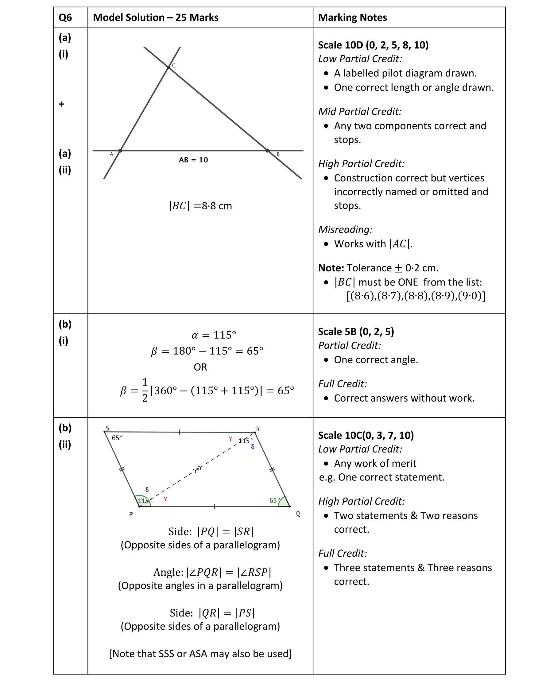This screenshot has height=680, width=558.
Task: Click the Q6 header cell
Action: [x=65, y=17]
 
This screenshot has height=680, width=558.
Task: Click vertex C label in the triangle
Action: [x=174, y=66]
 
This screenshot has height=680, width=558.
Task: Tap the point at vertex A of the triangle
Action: [x=120, y=150]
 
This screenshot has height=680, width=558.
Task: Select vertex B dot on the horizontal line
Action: [x=267, y=150]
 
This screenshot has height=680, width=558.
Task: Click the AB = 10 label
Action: [x=193, y=160]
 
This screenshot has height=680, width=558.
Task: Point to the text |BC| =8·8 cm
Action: [x=200, y=206]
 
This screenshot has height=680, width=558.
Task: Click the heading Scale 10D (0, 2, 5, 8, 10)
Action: [x=373, y=45]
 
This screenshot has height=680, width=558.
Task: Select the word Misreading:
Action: [x=345, y=230]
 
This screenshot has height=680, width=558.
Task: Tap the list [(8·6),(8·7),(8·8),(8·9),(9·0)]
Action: [x=415, y=296]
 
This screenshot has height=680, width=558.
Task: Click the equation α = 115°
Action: [x=214, y=335]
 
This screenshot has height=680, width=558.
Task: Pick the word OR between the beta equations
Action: [x=200, y=367]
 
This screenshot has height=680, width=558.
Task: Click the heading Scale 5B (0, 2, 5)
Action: [x=356, y=332]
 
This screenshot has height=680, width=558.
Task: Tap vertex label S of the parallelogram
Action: [x=108, y=428]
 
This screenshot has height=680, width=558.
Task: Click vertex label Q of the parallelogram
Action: [x=298, y=514]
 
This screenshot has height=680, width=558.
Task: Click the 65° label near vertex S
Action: [x=117, y=438]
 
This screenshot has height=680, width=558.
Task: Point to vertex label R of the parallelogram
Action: [x=258, y=429]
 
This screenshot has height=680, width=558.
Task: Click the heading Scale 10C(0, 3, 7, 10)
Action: [x=366, y=435]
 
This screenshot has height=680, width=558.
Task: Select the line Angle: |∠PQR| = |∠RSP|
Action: [x=212, y=572]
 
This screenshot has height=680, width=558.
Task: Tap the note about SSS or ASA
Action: [x=200, y=654]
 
